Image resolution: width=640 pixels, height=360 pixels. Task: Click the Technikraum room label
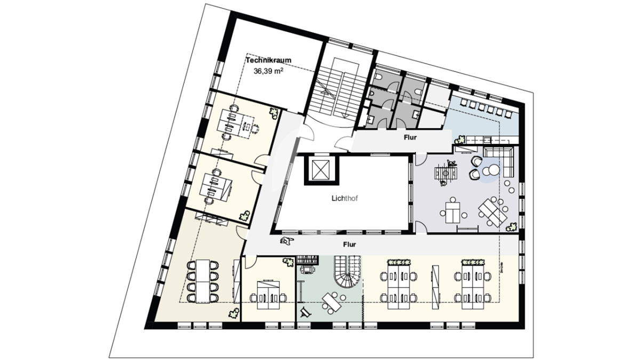269,60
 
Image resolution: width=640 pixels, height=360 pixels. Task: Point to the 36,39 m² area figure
268,71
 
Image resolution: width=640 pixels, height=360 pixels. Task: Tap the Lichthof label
345,198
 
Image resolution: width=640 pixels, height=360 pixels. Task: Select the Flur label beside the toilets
410,138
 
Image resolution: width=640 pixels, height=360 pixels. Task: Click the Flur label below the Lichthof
349,245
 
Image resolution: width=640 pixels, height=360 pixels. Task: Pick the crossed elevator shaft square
322,170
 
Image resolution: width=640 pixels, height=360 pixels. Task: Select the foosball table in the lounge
446,173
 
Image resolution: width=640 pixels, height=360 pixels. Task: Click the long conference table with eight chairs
203,281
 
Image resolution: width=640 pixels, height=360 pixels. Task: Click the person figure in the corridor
286,241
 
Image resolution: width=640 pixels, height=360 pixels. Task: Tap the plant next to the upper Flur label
460,140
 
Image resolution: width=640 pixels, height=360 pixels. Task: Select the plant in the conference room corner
234,313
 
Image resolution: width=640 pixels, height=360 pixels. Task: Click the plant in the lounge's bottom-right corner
511,227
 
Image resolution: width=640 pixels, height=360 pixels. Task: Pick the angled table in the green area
332,303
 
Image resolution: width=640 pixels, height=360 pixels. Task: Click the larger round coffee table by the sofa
493,170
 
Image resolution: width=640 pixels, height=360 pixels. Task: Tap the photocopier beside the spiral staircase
307,269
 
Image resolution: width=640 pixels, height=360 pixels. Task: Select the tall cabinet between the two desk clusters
435,287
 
